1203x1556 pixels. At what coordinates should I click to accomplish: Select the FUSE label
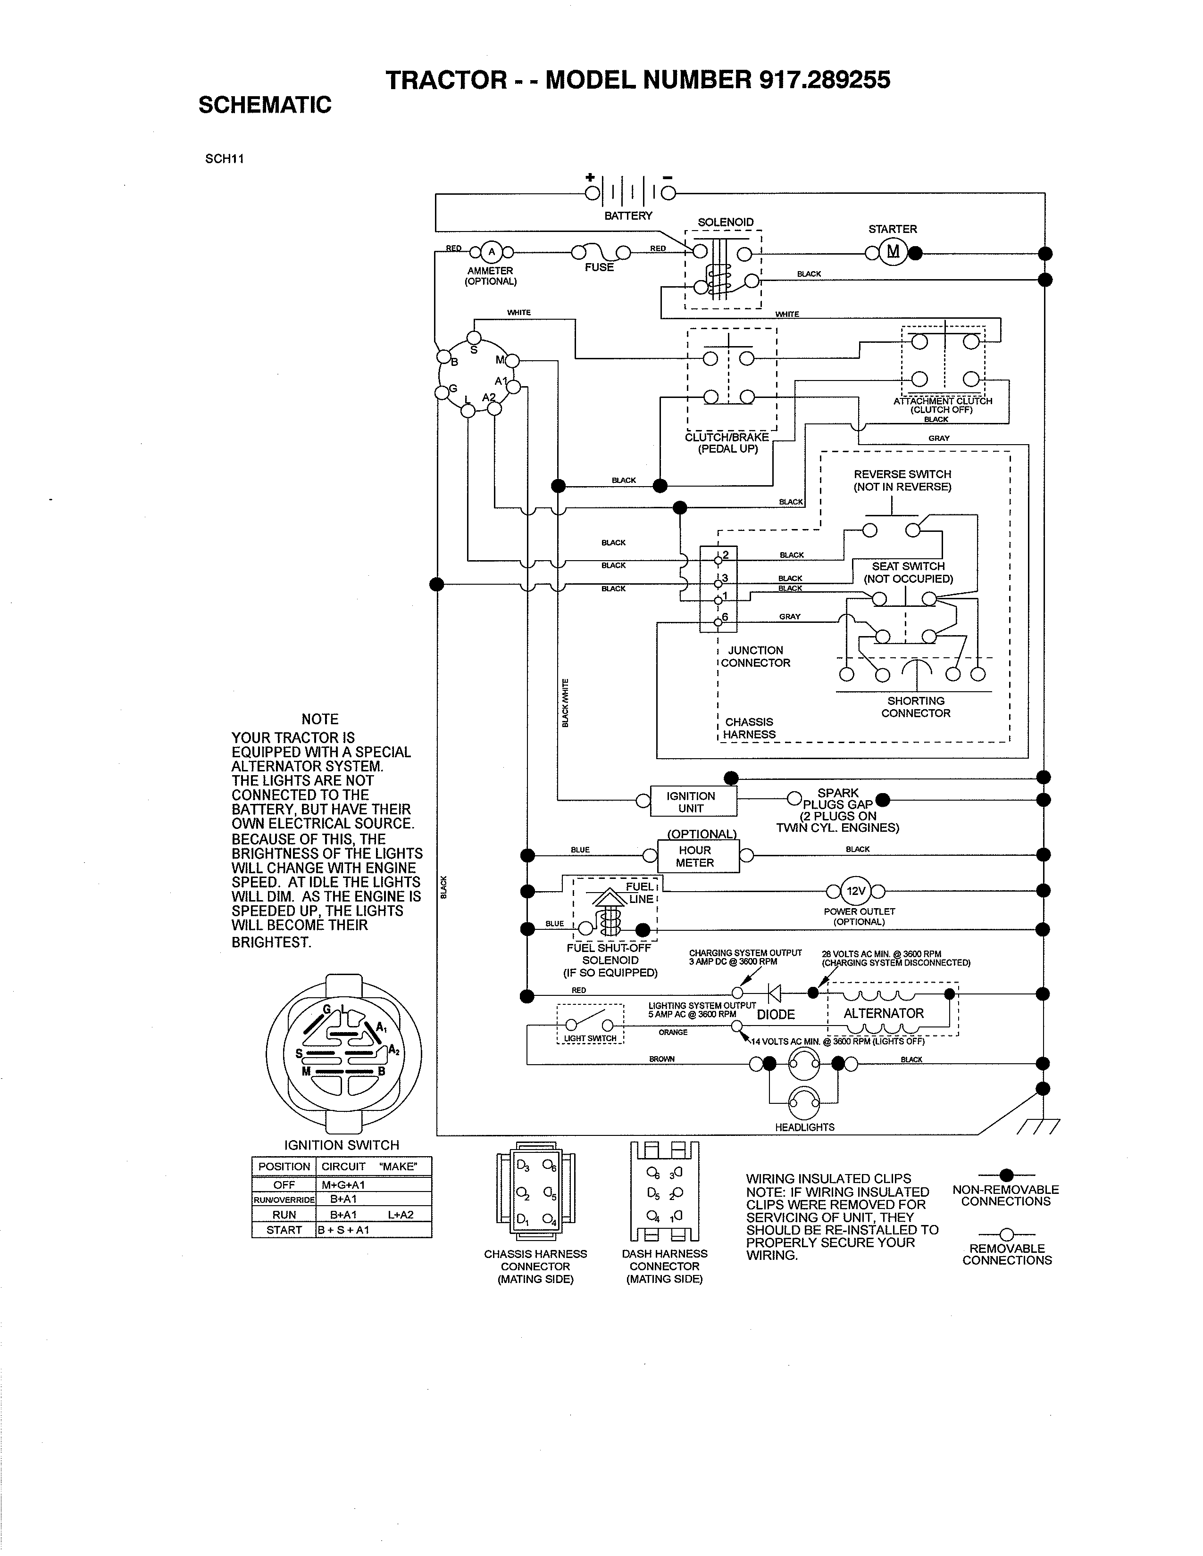599,267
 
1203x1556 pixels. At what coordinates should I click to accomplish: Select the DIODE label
776,1014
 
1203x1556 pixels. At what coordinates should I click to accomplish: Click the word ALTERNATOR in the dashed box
883,1013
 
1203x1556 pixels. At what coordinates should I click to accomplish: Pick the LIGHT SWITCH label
589,1038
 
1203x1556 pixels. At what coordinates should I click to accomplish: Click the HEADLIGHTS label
805,1127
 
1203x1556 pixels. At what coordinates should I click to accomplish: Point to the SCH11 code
225,159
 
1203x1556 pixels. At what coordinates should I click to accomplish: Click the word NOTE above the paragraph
319,719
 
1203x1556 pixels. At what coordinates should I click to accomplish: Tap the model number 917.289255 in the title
825,80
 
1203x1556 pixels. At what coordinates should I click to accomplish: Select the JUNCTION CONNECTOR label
755,656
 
